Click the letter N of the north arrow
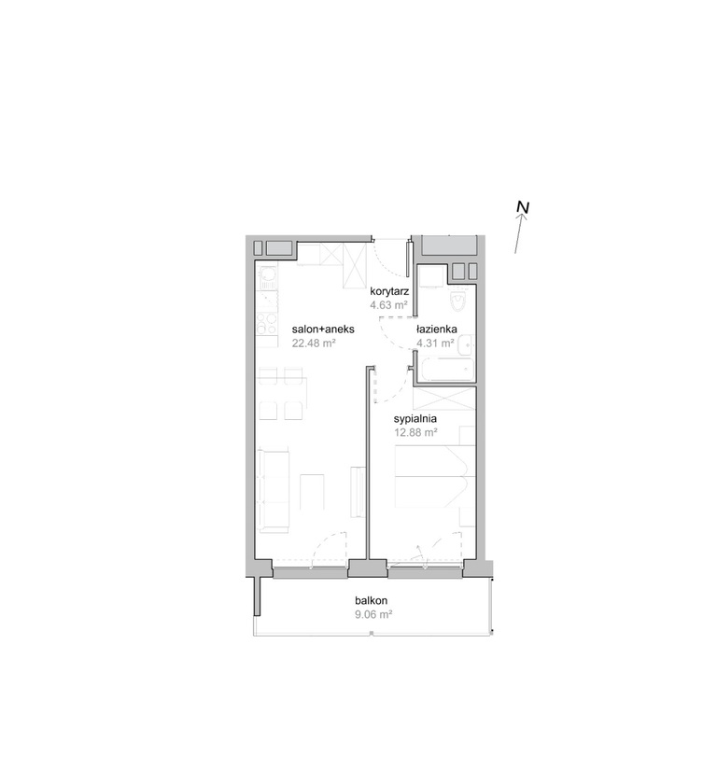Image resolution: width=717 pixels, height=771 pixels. [x=523, y=207]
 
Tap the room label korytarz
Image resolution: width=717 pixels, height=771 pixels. [x=389, y=291]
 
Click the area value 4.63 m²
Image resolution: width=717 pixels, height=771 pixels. [x=389, y=305]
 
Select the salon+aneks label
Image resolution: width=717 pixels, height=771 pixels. [x=323, y=329]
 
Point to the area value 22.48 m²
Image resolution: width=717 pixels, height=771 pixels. [x=314, y=343]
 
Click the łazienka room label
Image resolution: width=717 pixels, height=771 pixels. [x=437, y=329]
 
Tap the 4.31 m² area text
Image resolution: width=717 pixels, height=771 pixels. [x=435, y=343]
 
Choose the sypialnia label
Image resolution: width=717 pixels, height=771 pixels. [x=415, y=419]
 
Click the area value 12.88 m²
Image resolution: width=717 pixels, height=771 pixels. [x=416, y=433]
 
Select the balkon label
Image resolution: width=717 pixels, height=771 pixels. [x=372, y=600]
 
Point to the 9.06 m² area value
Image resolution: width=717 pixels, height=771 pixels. [x=373, y=614]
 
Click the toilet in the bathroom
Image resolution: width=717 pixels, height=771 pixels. [x=459, y=300]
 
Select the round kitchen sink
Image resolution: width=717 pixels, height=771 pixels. [x=268, y=273]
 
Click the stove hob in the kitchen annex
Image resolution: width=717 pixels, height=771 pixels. [x=266, y=324]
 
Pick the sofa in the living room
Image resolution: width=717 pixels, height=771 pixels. [x=274, y=490]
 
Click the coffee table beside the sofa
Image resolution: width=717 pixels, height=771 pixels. [x=312, y=492]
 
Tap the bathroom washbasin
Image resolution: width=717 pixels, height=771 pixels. [x=466, y=344]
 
